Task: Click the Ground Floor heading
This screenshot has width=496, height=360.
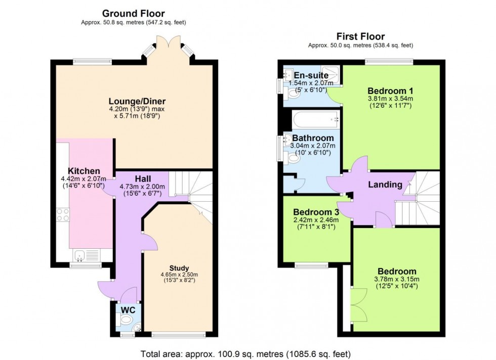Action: pyautogui.click(x=133, y=14)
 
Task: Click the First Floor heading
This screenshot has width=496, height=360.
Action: pyautogui.click(x=360, y=36)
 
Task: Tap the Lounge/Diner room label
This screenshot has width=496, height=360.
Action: pyautogui.click(x=137, y=101)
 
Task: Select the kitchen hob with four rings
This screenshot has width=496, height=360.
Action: pyautogui.click(x=63, y=214)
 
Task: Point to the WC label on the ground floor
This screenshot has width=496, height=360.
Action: pyautogui.click(x=128, y=310)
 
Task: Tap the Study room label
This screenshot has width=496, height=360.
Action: pyautogui.click(x=179, y=268)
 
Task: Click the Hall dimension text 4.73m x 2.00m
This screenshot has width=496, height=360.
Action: pyautogui.click(x=142, y=187)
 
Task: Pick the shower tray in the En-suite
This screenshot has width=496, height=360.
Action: pyautogui.click(x=330, y=75)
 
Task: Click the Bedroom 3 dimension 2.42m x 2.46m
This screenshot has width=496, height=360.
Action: pyautogui.click(x=316, y=220)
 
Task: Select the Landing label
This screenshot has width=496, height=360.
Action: pyautogui.click(x=385, y=184)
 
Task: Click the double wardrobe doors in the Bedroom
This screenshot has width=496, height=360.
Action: pyautogui.click(x=359, y=305)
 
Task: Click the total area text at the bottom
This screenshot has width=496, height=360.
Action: pyautogui.click(x=245, y=353)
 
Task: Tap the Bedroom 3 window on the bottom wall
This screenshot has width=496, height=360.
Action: pyautogui.click(x=311, y=265)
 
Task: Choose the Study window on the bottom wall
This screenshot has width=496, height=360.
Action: pyautogui.click(x=179, y=335)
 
